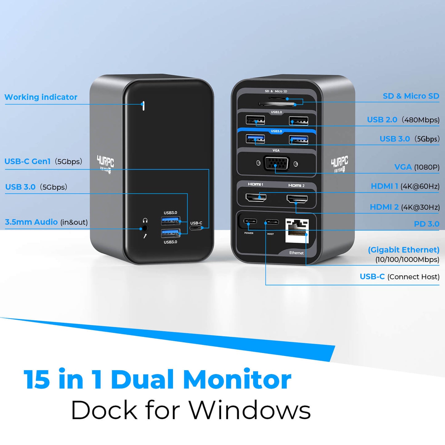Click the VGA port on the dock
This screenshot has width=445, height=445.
(276, 164)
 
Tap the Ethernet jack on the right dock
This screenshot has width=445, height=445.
(297, 230)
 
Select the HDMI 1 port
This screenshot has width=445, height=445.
(256, 197)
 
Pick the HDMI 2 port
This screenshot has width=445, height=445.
(297, 199)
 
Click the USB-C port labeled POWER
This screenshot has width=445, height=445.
(250, 221)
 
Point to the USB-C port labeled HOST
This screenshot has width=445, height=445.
(272, 222)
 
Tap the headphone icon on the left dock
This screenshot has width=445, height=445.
(145, 220)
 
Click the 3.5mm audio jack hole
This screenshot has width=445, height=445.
(144, 229)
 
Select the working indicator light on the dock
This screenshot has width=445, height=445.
(143, 106)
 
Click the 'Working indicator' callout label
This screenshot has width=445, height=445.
(41, 97)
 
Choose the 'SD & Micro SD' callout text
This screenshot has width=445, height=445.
(411, 96)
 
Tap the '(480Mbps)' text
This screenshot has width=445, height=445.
(420, 120)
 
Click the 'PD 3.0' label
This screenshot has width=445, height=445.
(427, 224)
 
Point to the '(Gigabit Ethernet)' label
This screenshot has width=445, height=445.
(403, 250)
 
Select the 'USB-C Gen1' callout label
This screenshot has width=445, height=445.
(27, 161)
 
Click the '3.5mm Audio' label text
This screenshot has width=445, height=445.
(31, 222)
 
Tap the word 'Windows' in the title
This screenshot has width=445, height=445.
(249, 410)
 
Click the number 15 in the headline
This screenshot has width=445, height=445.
(37, 379)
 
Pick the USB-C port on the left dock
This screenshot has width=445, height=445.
(196, 228)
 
